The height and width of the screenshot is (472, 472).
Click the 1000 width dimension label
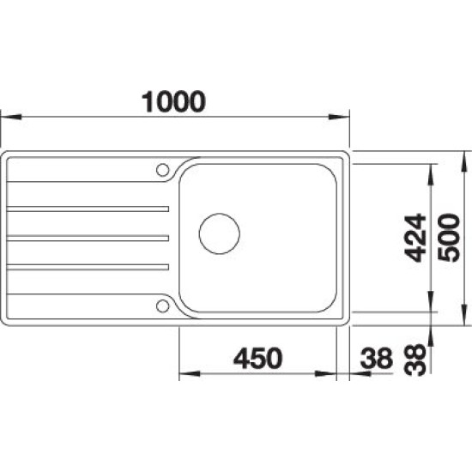coord(173,102)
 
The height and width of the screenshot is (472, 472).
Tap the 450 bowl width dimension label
coord(258,358)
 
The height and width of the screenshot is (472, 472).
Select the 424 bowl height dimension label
coord(415,238)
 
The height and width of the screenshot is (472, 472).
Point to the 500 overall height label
coord(449,238)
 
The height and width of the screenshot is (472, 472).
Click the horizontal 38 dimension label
coord(377,358)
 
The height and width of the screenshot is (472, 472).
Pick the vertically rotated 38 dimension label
coord(415,360)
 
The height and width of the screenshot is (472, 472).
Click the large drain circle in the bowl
coord(220,233)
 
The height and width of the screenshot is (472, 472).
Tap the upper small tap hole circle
coord(162,170)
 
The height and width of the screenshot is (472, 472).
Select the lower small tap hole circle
coord(162,306)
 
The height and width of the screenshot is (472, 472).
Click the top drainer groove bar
coord(88,209)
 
